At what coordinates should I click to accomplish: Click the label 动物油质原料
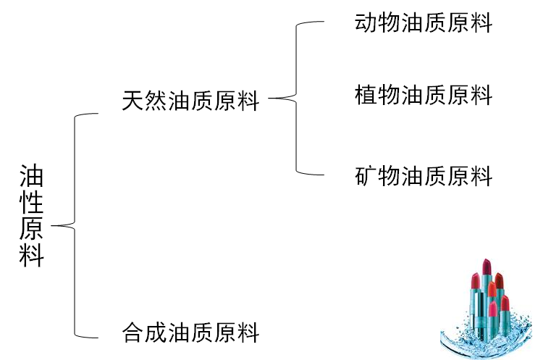point(423,23)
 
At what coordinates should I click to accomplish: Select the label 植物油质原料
point(423,95)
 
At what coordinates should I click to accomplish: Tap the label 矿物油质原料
point(423,176)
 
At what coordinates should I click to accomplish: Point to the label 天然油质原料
point(190,101)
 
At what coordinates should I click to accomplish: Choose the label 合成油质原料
point(190,333)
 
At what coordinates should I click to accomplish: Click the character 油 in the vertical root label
point(32,175)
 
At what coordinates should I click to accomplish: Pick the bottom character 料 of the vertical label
point(32,256)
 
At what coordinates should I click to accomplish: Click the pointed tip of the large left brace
point(53,226)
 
